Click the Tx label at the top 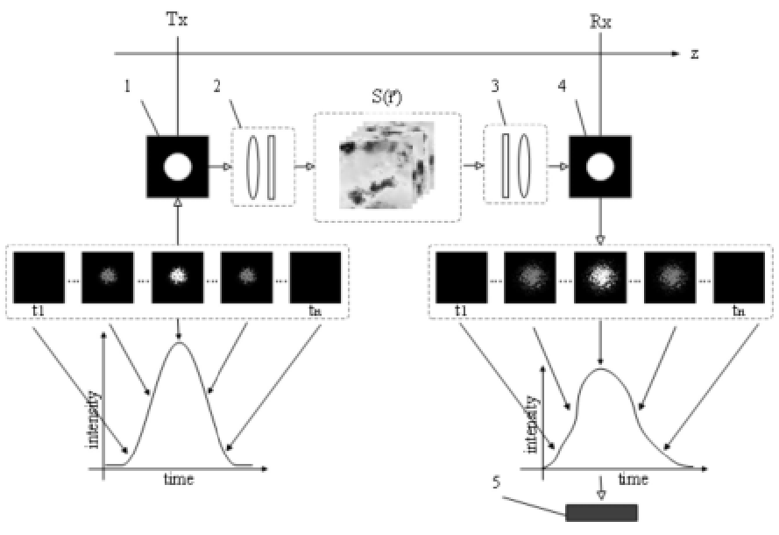177,18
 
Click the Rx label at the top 600,18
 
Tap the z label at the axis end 694,53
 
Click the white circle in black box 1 178,166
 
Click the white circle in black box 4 599,166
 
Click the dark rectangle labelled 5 602,512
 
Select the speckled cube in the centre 386,171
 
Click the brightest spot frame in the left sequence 178,276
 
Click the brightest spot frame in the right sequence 599,276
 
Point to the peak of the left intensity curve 180,343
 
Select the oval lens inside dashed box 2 253,167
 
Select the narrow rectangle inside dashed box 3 505,167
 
